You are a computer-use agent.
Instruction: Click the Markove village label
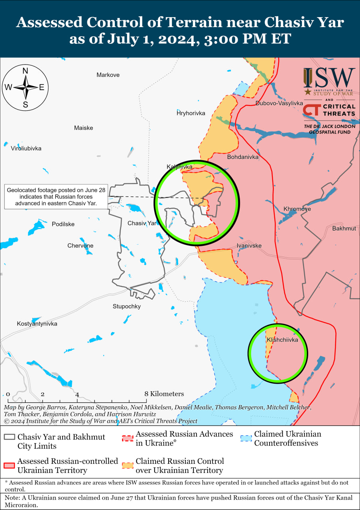coord(108,75)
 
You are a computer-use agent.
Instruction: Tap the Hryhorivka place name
coord(191,113)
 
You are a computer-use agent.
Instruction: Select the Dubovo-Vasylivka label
coord(279,103)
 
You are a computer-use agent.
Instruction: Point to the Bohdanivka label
coord(243,157)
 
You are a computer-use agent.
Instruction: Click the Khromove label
coord(297,209)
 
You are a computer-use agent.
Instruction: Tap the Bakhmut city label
coord(344,228)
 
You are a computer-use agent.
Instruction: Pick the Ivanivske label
coord(249,245)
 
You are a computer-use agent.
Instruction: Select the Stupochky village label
coord(127,306)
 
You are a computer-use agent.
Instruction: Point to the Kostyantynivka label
coord(37,324)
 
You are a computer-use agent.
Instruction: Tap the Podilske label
coord(63,224)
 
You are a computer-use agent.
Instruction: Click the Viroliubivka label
coord(26,148)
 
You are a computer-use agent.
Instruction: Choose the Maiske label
coord(84,128)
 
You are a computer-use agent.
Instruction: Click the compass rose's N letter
coord(25,71)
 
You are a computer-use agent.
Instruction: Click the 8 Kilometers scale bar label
coord(164,394)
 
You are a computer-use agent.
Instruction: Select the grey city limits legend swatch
coord(9,437)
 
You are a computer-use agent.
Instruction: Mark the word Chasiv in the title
coord(286,22)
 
